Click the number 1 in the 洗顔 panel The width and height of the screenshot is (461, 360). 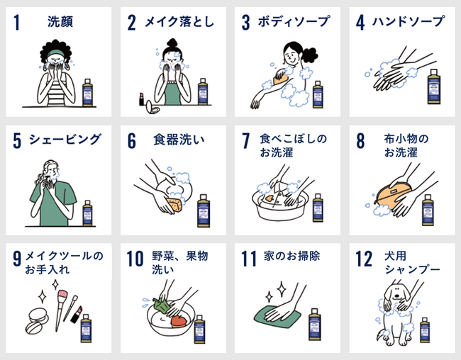click(17, 23)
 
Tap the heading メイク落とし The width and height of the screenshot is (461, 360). click(179, 22)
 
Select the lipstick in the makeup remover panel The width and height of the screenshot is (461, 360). click(141, 99)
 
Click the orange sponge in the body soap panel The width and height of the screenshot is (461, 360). click(279, 77)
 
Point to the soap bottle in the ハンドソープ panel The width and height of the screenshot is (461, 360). click(434, 86)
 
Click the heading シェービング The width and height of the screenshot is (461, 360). click(65, 140)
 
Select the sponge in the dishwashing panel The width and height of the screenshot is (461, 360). click(174, 205)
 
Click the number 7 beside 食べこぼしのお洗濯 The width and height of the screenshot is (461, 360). click(246, 141)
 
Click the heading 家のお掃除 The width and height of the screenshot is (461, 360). click(291, 256)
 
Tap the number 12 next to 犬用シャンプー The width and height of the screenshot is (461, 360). click(364, 259)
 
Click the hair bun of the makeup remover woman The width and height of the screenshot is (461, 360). click(172, 43)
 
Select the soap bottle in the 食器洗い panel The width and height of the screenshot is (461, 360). click(204, 210)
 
